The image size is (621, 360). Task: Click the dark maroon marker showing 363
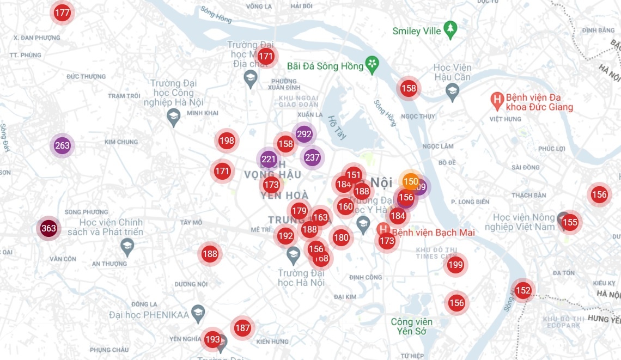click(48, 228)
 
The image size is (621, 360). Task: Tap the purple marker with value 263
click(62, 145)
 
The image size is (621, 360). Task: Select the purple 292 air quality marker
click(304, 134)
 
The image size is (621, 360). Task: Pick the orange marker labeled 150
click(410, 181)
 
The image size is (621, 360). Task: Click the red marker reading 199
click(455, 265)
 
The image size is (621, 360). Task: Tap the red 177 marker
click(63, 13)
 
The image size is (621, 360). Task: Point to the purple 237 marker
click(312, 157)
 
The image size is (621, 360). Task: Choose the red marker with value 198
click(227, 141)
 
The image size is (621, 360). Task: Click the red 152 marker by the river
click(523, 290)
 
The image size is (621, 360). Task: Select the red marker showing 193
click(212, 339)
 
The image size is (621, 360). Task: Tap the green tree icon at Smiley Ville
click(450, 30)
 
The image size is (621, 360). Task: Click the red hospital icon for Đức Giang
click(497, 100)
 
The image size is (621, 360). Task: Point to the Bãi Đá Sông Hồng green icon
click(373, 65)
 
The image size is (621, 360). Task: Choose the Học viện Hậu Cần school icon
click(452, 93)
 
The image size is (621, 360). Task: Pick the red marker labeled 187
click(242, 328)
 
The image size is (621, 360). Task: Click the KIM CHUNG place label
click(121, 142)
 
